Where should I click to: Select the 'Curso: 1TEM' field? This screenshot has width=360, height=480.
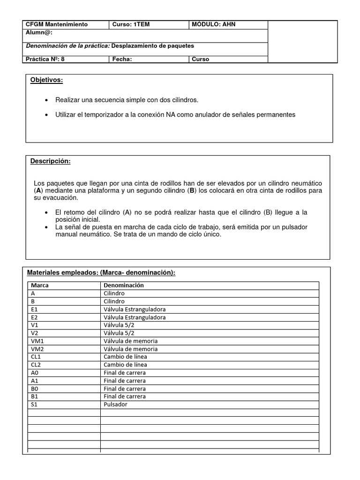[x=131, y=24]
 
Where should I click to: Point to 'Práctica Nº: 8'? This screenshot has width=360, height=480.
[x=45, y=59]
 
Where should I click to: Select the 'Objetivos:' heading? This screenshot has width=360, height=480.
[x=46, y=80]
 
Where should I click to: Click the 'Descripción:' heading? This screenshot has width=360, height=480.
[x=51, y=161]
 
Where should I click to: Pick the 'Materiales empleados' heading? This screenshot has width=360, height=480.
[x=101, y=272]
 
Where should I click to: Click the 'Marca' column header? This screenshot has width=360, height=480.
[x=39, y=285]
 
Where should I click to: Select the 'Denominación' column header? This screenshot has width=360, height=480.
[x=124, y=285]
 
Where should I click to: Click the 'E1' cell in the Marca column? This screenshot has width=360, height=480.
[x=34, y=309]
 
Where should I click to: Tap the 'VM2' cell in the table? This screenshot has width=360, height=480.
[x=37, y=349]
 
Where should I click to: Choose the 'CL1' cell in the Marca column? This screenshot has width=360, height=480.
[x=36, y=357]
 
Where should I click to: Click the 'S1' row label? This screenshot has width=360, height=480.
[x=34, y=404]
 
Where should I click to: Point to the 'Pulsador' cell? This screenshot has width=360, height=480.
[x=115, y=404]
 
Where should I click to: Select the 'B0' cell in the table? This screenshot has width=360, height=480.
[x=34, y=389]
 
